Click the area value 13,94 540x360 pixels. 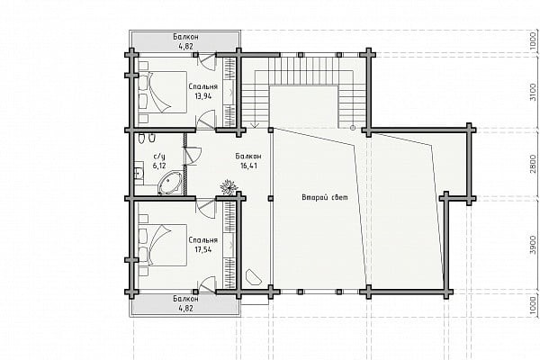click(203, 96)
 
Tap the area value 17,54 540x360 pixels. click(203, 249)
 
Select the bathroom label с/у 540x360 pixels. click(159, 157)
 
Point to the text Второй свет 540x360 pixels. click(325, 197)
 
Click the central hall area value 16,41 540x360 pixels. click(248, 166)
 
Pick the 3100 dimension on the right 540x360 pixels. click(533, 93)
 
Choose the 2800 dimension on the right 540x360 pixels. click(533, 164)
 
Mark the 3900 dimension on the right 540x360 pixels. click(533, 246)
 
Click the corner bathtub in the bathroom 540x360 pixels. click(170, 184)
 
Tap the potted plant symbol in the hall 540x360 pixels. click(229, 187)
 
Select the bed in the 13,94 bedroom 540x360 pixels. click(163, 92)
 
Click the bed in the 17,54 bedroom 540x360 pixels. click(163, 246)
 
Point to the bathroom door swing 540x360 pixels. click(193, 155)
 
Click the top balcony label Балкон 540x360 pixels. click(185, 37)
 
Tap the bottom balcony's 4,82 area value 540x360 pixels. click(185, 308)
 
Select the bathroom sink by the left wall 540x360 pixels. click(139, 174)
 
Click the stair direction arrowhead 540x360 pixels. click(256, 125)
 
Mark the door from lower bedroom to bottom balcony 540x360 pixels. click(206, 284)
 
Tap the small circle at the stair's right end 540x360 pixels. click(352, 128)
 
